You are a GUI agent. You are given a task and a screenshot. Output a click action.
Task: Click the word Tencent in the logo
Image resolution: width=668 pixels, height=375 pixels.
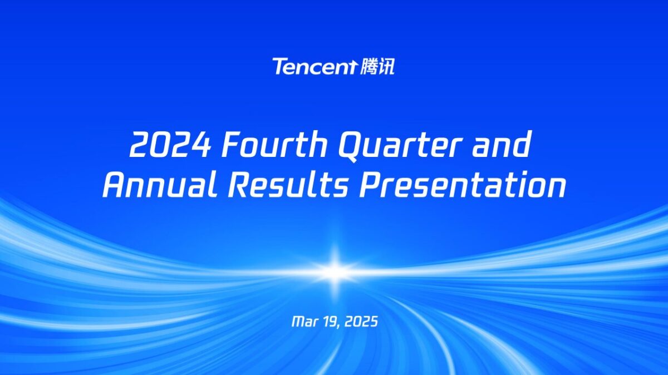[313, 67]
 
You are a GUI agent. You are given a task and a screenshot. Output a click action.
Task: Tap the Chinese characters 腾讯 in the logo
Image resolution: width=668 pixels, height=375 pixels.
[377, 67]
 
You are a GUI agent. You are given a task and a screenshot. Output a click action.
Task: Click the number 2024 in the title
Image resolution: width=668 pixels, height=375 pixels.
[170, 146]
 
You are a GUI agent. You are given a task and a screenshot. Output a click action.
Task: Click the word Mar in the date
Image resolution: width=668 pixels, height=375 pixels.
[304, 322]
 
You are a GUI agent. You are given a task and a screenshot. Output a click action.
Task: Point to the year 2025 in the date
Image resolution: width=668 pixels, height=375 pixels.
[360, 322]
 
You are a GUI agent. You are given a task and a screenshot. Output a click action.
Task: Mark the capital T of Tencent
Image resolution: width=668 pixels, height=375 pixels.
[279, 66]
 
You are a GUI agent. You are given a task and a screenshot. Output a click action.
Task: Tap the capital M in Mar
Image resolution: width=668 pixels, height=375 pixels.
[297, 322]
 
